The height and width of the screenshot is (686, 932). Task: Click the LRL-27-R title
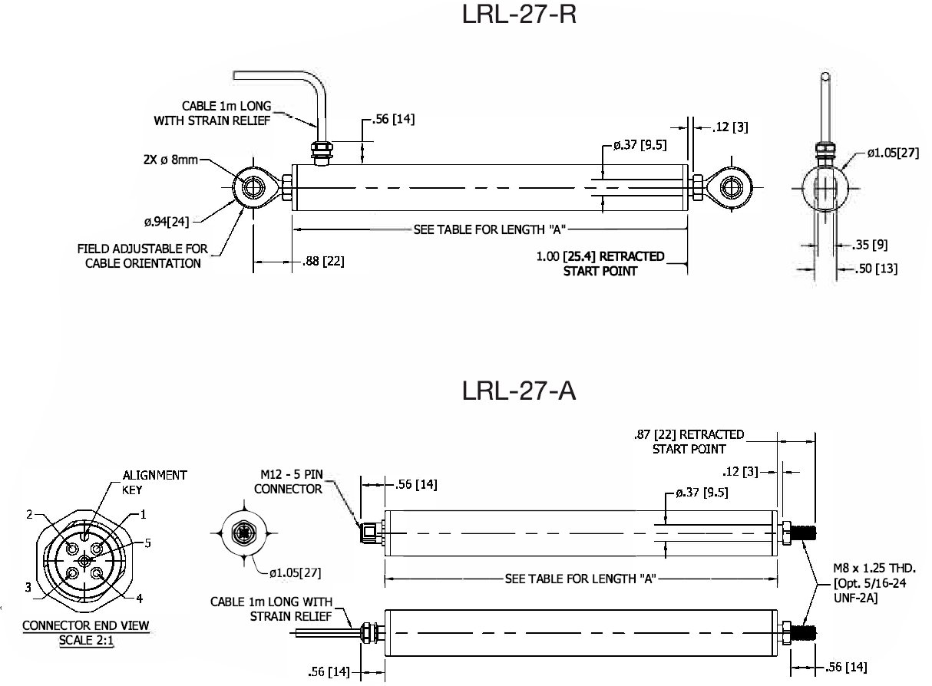[x=519, y=15]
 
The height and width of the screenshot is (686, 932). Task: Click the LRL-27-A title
[x=519, y=391]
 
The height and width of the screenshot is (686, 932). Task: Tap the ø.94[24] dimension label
[x=167, y=223]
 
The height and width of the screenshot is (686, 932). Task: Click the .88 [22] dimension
[x=322, y=262]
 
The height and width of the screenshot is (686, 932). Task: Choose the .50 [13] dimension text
[x=875, y=269]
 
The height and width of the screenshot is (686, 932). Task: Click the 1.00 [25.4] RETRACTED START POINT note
[x=600, y=263]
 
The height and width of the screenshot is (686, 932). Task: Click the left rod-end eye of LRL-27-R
[x=253, y=186]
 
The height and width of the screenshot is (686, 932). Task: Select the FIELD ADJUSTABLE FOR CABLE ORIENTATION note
[x=143, y=256]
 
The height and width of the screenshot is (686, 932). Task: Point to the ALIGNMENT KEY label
[x=154, y=482]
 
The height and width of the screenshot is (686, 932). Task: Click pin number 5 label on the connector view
[x=147, y=543]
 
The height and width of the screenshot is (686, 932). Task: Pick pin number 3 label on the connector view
[x=27, y=588]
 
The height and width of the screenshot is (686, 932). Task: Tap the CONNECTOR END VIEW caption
[x=85, y=626]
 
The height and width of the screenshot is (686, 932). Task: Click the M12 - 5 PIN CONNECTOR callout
[x=288, y=482]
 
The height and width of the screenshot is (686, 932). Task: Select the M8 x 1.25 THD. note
[x=874, y=569]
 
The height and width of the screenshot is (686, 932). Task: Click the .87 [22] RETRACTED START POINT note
[x=689, y=441]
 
